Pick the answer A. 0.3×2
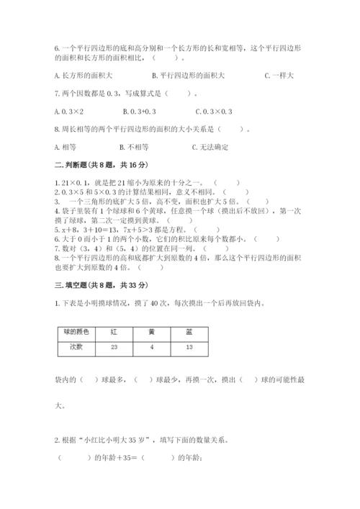point(69,112)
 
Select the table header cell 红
point(114,332)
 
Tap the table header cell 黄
point(151,332)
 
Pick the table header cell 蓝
point(189,332)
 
